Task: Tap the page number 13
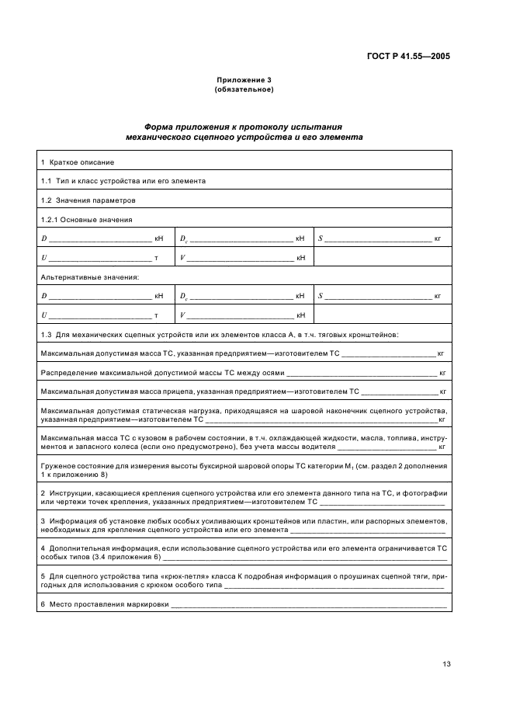[445, 664]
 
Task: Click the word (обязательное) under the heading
[243, 89]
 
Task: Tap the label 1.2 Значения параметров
[81, 200]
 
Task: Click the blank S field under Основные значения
[378, 239]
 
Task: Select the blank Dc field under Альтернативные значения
[241, 297]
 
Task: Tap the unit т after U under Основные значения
[156, 258]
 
